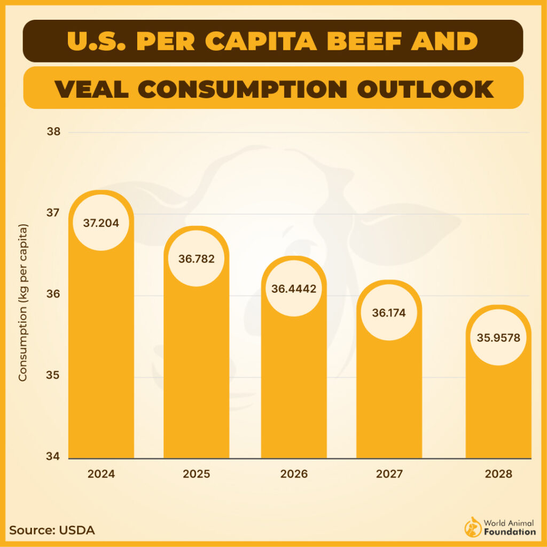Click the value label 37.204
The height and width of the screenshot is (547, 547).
point(101,222)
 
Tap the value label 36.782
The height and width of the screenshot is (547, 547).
point(196,259)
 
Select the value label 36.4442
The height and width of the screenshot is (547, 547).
point(294,289)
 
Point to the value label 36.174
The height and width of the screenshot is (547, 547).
point(389,312)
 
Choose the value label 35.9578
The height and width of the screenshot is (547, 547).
point(498,338)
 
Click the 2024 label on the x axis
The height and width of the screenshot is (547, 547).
point(101,474)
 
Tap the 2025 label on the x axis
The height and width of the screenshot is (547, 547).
point(196,474)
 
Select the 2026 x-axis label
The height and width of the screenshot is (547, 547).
point(294,474)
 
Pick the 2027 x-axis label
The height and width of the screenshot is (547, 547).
point(389,474)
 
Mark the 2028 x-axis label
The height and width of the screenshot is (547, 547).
point(498,474)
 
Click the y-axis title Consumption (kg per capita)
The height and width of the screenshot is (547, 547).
point(23,303)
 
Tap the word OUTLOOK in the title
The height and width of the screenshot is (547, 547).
point(425,88)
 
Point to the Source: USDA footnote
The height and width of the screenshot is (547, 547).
point(52,530)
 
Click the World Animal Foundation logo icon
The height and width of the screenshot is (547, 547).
point(473,527)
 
